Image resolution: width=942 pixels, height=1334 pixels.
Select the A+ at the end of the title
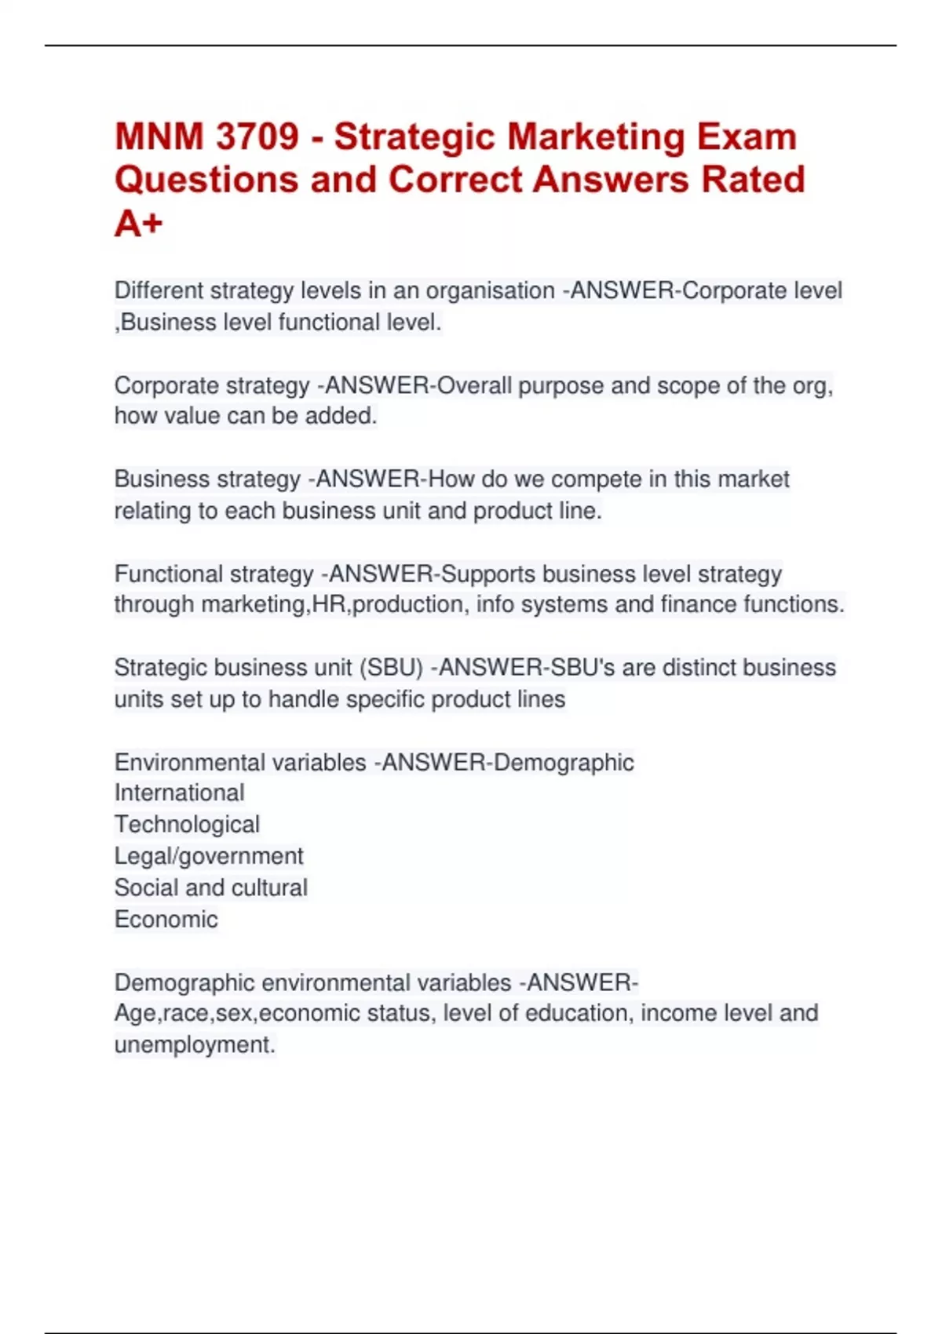(x=139, y=224)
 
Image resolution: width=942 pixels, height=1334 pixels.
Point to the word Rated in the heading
(x=753, y=180)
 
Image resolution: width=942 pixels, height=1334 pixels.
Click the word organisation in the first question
(x=490, y=291)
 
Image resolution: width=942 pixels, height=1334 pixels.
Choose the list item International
(x=180, y=793)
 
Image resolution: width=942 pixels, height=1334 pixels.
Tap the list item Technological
(x=187, y=825)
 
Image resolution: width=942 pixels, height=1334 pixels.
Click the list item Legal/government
(x=209, y=856)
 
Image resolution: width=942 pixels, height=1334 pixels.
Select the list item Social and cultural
(x=211, y=888)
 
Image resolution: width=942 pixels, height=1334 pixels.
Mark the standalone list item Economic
(x=166, y=919)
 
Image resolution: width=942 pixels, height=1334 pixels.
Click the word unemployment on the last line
(x=195, y=1045)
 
